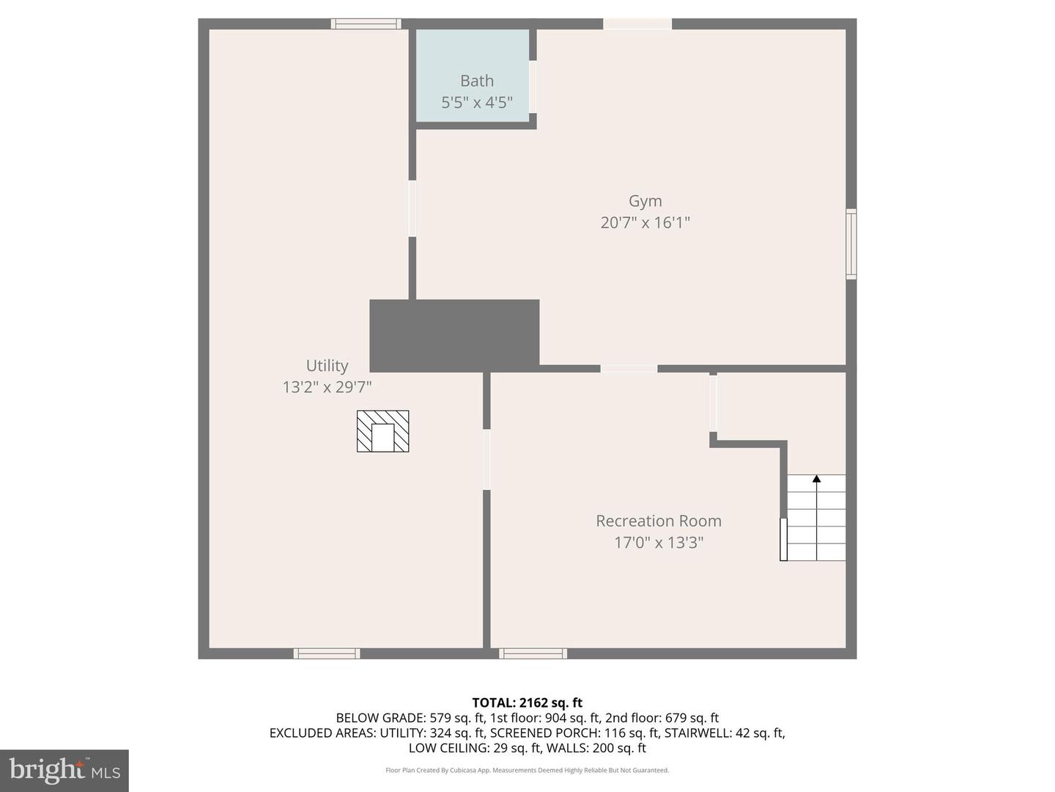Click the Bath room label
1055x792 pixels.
pos(477,81)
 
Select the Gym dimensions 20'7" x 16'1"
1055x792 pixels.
pos(645,222)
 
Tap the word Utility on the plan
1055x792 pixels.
pos(327,365)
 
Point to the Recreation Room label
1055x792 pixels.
pos(658,521)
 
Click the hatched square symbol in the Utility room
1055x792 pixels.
pos(382,431)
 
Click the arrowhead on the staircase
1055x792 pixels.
pos(816,479)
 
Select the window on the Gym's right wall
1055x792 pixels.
pos(851,244)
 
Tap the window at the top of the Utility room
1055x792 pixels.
pos(366,24)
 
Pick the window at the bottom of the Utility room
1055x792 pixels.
pos(327,653)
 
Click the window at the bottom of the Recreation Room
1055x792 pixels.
pos(533,653)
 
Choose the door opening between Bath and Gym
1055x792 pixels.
pos(533,87)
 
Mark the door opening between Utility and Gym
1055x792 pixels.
pos(412,209)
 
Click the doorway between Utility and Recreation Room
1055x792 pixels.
pos(486,459)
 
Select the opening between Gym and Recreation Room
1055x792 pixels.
pos(629,368)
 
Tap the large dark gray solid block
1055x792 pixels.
pos(454,335)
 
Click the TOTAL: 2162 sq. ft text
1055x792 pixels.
pos(527,703)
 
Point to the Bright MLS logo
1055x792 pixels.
pos(64,770)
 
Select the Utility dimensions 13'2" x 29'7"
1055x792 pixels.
pos(327,386)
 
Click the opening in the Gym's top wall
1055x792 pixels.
pos(637,24)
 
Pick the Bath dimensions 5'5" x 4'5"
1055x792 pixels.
pos(477,102)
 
